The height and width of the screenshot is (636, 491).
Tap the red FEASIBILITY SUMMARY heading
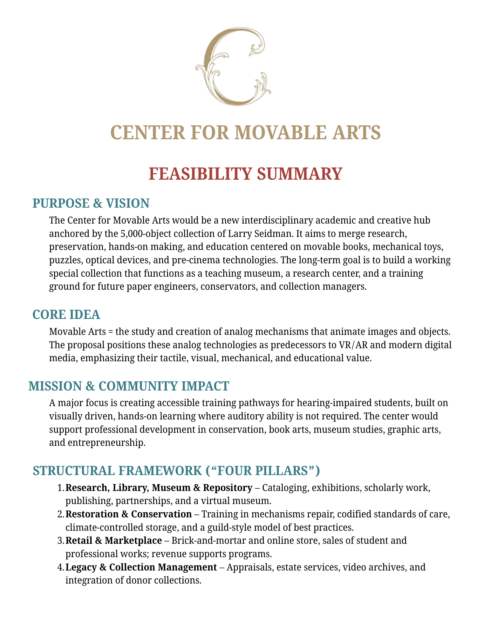[245, 174]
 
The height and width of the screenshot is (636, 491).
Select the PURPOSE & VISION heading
[91, 204]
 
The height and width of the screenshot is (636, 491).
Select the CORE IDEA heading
[66, 315]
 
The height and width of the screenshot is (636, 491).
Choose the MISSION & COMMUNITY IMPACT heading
[129, 386]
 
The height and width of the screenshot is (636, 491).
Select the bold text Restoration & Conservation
[128, 514]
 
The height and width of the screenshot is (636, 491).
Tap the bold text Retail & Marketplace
[114, 541]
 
